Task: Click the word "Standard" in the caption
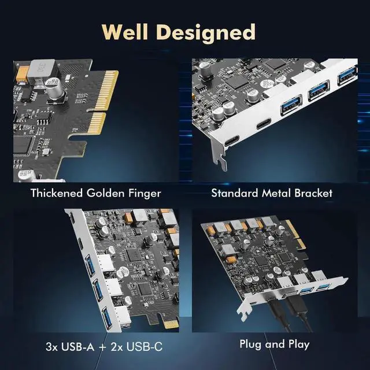click(233, 193)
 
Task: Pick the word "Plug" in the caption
click(251, 344)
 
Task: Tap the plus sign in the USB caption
click(102, 347)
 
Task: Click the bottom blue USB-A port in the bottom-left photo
click(108, 317)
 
